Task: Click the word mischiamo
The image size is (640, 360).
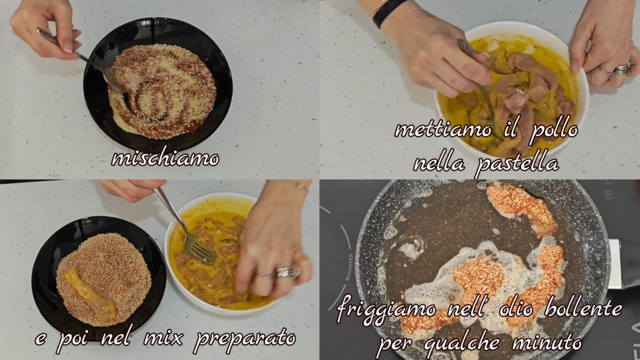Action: pyautogui.click(x=165, y=157)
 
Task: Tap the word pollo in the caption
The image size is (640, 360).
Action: pyautogui.click(x=554, y=131)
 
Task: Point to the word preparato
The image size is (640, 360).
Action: pyautogui.click(x=244, y=339)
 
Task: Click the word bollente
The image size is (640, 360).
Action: pyautogui.click(x=584, y=309)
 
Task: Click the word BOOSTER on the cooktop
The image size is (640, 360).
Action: pyautogui.click(x=350, y=266)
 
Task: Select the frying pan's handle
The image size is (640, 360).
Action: pyautogui.click(x=624, y=263)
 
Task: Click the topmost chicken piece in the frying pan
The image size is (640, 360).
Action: pyautogui.click(x=522, y=207)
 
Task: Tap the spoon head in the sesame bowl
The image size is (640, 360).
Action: pyautogui.click(x=116, y=79)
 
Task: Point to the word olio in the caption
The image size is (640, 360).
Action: pyautogui.click(x=519, y=308)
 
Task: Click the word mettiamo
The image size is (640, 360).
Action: pyautogui.click(x=443, y=130)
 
